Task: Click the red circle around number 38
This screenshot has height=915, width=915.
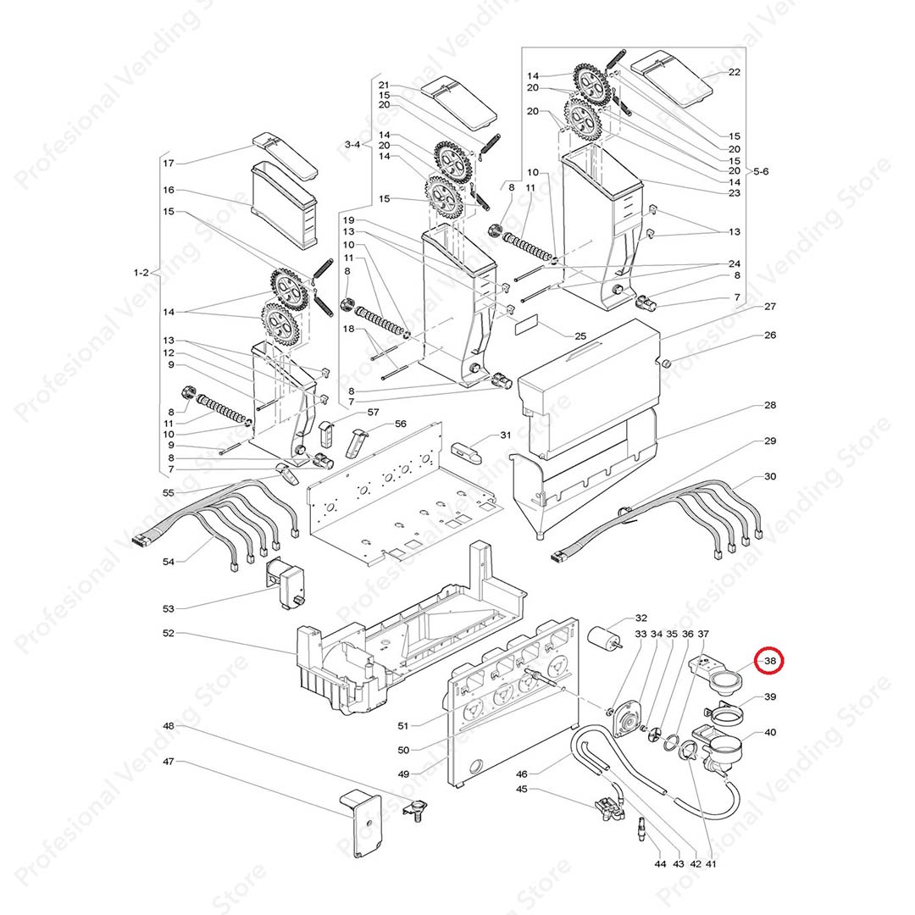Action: pyautogui.click(x=770, y=661)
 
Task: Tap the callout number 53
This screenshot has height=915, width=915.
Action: pyautogui.click(x=168, y=608)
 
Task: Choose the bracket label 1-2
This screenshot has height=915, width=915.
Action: pyautogui.click(x=141, y=273)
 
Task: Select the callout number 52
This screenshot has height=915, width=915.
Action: pyautogui.click(x=168, y=633)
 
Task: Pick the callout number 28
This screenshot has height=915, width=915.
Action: pyautogui.click(x=769, y=406)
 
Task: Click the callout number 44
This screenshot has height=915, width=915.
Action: pyautogui.click(x=660, y=863)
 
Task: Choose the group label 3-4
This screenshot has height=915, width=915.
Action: pyautogui.click(x=352, y=145)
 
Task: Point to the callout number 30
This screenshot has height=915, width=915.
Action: pyautogui.click(x=769, y=477)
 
